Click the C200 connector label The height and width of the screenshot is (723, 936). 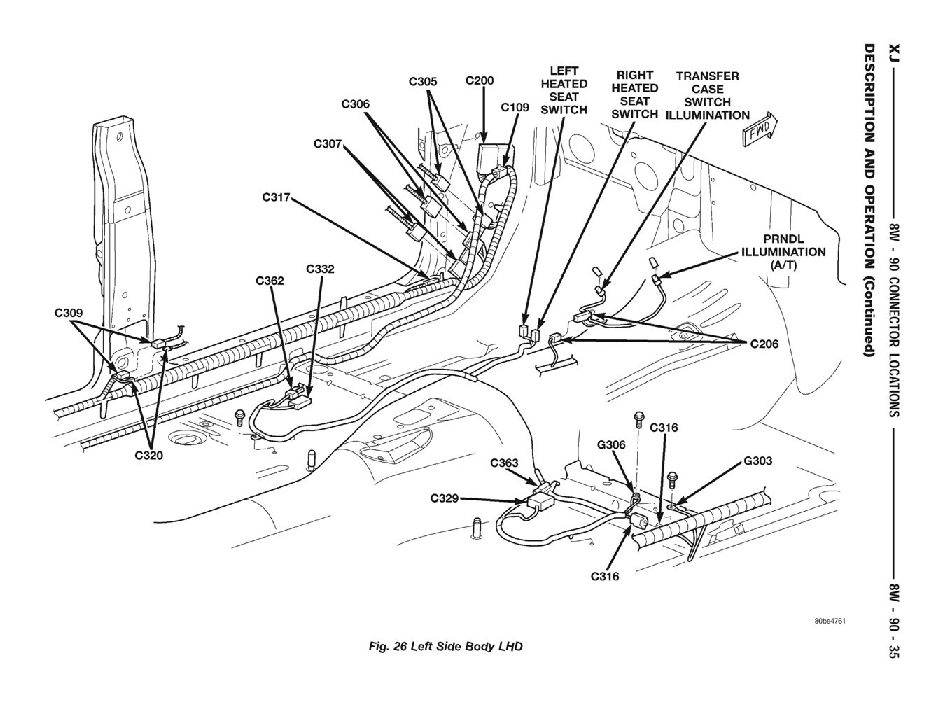(480, 80)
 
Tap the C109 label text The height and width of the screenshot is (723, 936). (515, 108)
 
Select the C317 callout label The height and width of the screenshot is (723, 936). (277, 197)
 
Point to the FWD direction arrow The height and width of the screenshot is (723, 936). (760, 129)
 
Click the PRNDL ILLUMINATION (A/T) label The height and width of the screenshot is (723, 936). (783, 252)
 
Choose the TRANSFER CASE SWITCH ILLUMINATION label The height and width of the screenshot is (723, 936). (707, 95)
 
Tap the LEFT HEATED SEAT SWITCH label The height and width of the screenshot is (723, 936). (564, 90)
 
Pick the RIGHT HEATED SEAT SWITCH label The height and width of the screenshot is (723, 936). (635, 94)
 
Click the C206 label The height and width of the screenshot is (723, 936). (764, 344)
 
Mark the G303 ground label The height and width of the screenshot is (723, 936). (757, 461)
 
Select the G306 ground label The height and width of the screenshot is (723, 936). (611, 444)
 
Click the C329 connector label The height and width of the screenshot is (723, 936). (445, 498)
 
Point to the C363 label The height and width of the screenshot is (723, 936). (504, 463)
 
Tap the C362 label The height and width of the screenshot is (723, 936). (270, 281)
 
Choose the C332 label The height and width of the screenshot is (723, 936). (320, 269)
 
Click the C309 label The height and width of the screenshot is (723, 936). (69, 313)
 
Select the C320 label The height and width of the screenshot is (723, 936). (148, 456)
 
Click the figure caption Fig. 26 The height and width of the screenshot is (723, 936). (445, 647)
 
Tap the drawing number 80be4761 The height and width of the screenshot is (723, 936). (830, 622)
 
